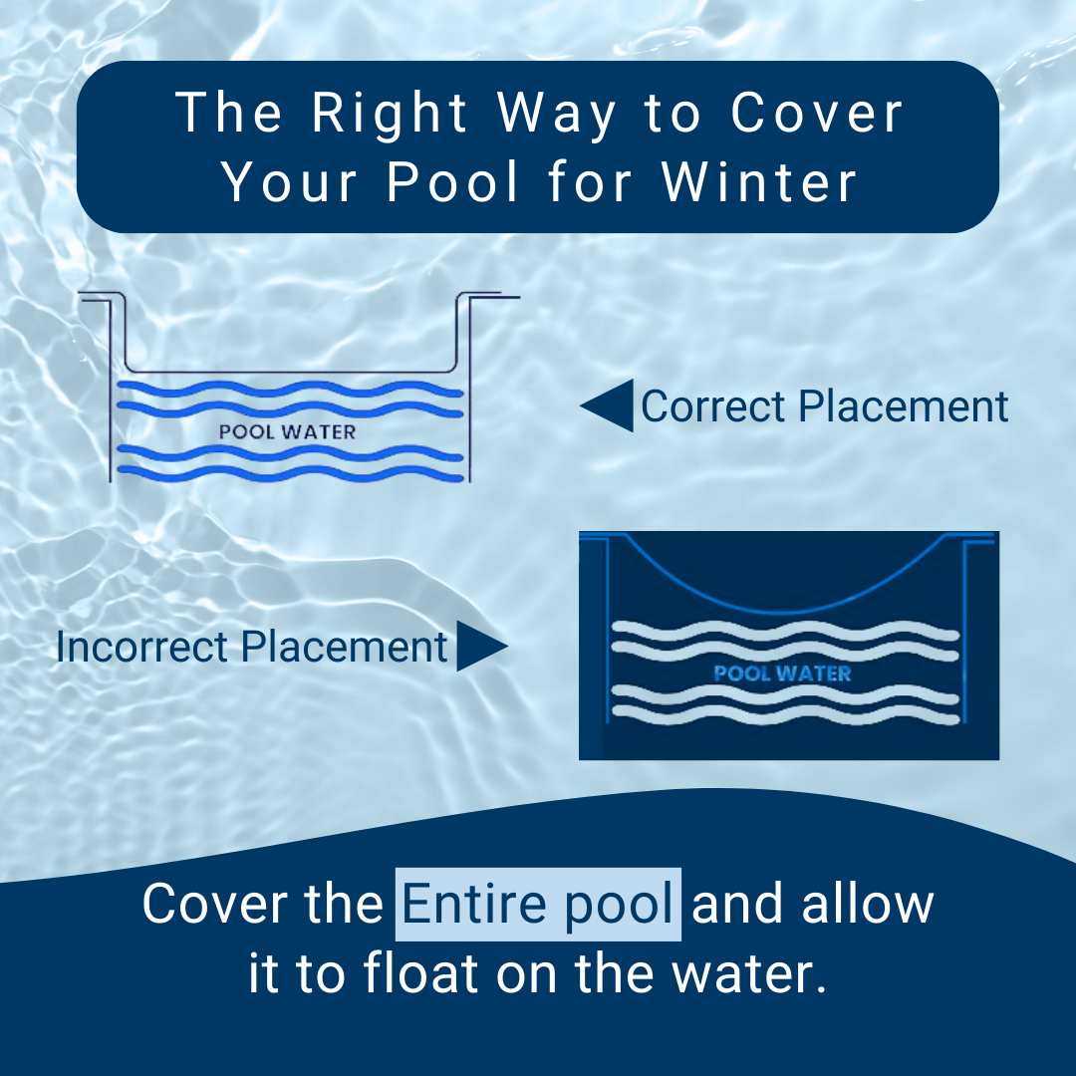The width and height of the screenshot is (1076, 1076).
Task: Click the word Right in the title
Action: (390, 114)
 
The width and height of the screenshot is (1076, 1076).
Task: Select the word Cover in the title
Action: (818, 114)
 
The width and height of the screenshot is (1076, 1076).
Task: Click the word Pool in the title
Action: (453, 182)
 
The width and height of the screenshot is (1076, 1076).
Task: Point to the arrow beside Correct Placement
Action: (607, 406)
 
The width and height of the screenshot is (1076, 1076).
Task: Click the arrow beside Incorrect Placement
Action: (482, 648)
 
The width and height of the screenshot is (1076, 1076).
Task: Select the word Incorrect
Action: (142, 648)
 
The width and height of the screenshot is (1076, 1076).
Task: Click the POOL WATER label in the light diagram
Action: (287, 432)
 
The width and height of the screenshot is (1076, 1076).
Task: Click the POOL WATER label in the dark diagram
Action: (782, 673)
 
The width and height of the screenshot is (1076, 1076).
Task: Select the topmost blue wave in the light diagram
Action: (289, 388)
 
